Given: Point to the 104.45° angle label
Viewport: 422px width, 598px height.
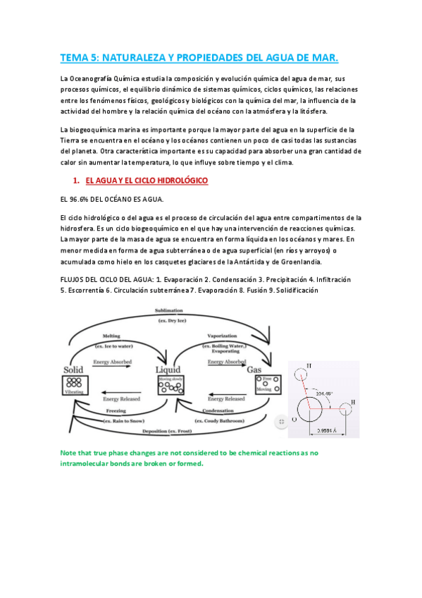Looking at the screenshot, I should (326, 394).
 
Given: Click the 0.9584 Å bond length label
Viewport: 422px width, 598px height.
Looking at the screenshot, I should (329, 429).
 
